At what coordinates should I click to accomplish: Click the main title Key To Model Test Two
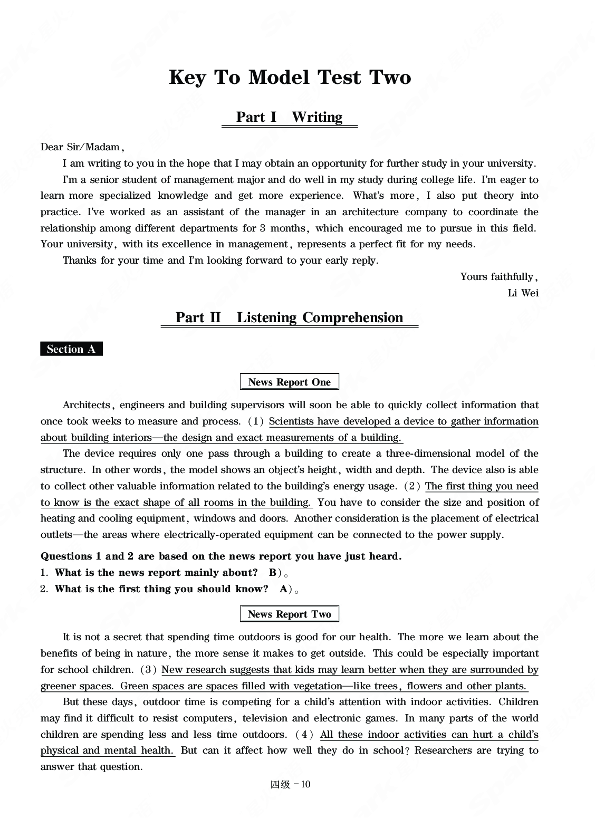click(290, 78)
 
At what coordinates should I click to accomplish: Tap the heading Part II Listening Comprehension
click(289, 317)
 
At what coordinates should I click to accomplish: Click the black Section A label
click(71, 349)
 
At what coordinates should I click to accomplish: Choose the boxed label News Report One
click(289, 382)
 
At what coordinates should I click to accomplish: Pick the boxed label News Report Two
click(289, 614)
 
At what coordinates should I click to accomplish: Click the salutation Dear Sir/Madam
click(82, 147)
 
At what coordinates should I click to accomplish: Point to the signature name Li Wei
click(523, 293)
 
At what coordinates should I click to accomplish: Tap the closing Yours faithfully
click(498, 276)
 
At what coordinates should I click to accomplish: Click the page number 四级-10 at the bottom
click(290, 784)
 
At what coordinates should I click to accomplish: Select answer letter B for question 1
click(272, 573)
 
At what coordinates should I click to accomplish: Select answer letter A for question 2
click(283, 589)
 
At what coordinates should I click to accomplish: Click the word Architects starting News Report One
click(86, 405)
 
